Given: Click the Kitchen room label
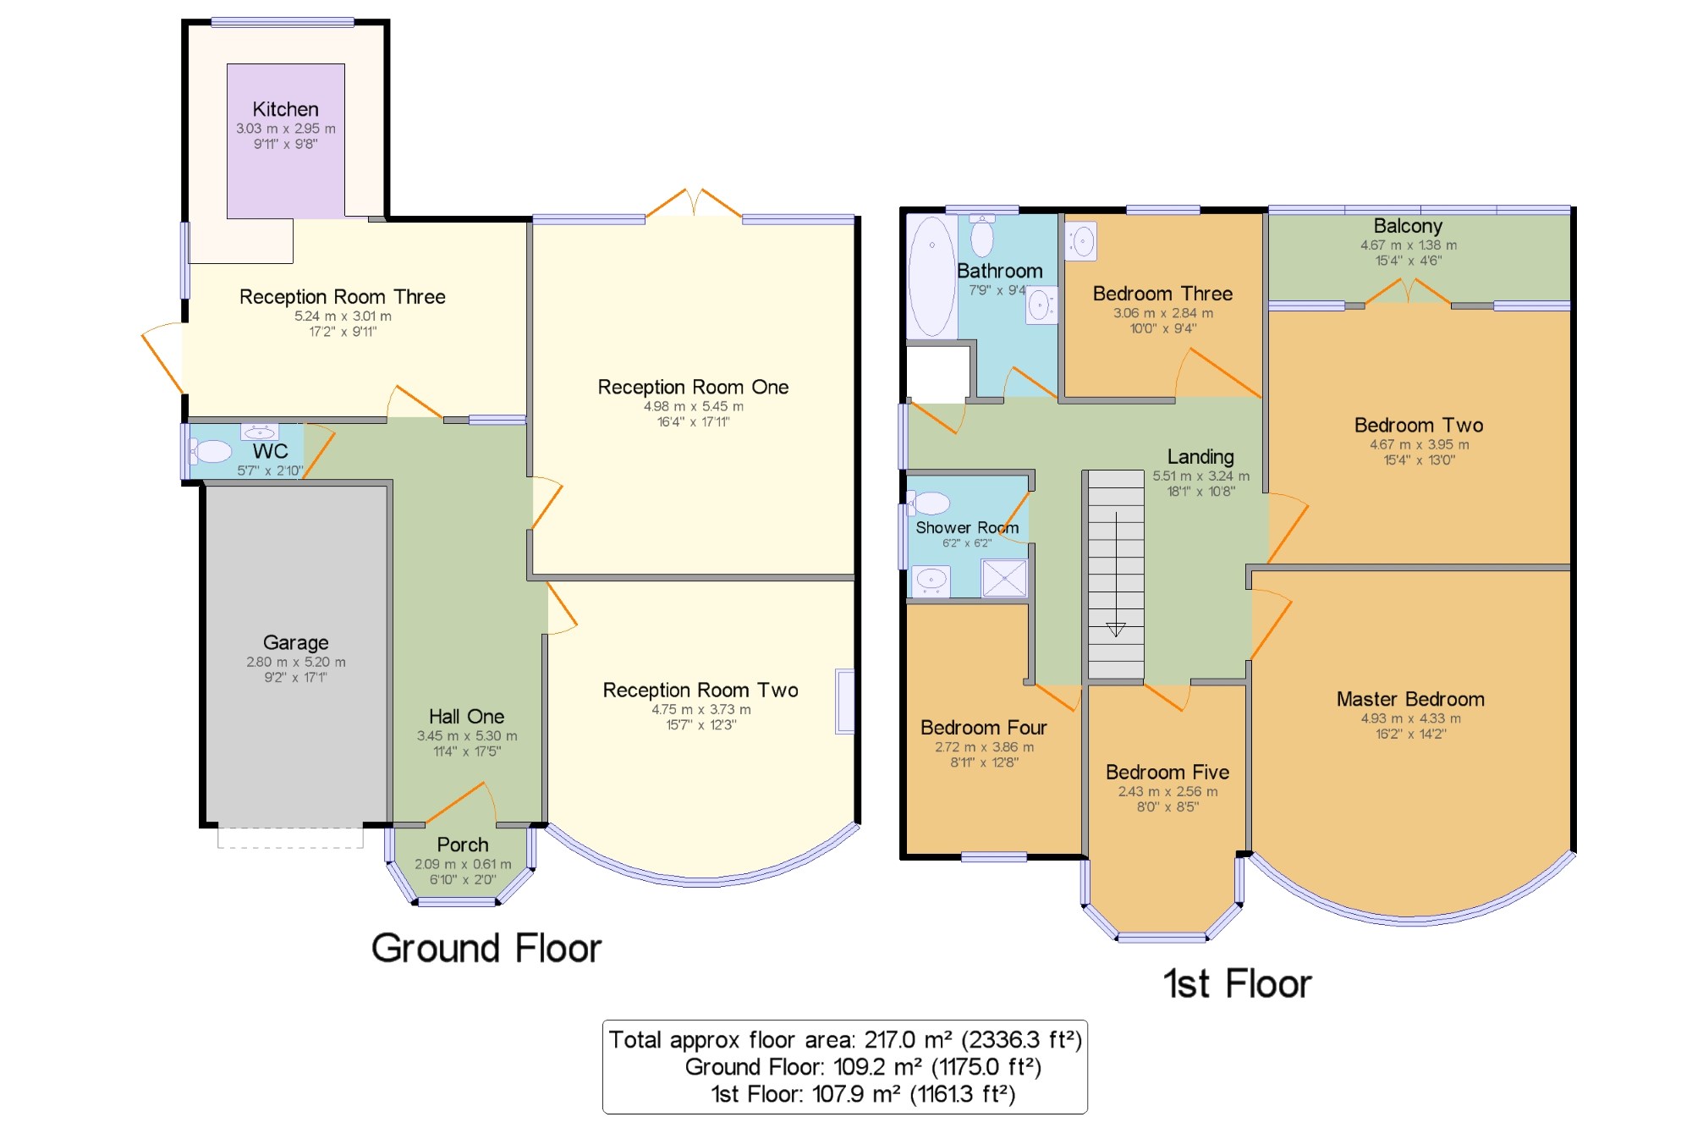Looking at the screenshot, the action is coord(285,109).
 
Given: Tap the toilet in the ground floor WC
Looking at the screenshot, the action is coord(210,452).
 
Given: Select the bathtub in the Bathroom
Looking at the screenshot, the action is coord(931,277).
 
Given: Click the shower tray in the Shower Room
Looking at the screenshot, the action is coord(1004,579).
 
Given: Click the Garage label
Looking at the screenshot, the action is coord(295,642).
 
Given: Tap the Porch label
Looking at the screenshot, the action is coord(463,845).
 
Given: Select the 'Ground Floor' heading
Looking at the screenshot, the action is coord(486,948).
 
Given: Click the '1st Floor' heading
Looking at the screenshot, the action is coord(1237,983).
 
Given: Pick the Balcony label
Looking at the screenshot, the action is coord(1408,226).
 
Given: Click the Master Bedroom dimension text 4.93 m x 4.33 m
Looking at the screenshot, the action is coord(1410,718).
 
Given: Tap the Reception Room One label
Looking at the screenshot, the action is coord(693,387).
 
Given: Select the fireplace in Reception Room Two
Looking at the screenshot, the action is coord(844,701).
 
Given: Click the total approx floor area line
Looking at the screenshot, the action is coord(845,1040).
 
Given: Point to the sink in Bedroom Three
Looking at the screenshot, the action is coord(1081,241).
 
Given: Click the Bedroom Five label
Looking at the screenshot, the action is coord(1167,772).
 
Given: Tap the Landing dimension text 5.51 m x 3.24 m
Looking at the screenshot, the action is coord(1200,476).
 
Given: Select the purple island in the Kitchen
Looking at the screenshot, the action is coord(285,140).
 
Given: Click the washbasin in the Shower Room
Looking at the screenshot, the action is coord(931,581).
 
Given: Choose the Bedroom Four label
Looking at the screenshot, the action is coord(983,728).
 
